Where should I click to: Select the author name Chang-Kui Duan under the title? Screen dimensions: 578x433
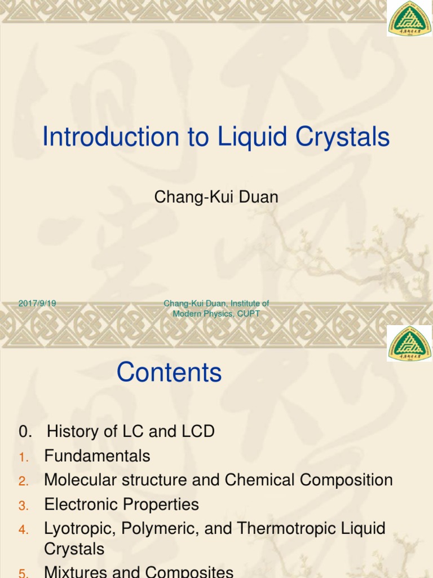coord(216,196)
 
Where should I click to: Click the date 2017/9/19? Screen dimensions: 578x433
coord(37,303)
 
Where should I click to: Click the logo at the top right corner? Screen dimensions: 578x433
coord(409,19)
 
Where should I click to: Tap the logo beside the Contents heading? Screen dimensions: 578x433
coord(409,343)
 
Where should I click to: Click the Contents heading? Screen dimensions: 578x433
coord(169,373)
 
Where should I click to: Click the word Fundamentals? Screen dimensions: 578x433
coord(97,456)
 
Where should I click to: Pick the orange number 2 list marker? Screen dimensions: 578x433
coord(23,481)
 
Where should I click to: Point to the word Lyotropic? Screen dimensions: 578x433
coord(78,529)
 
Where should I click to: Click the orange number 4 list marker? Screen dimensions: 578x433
coord(23,530)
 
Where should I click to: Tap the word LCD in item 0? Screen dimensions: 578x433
coord(197,432)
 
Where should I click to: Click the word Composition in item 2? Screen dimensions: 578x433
coord(346,480)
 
